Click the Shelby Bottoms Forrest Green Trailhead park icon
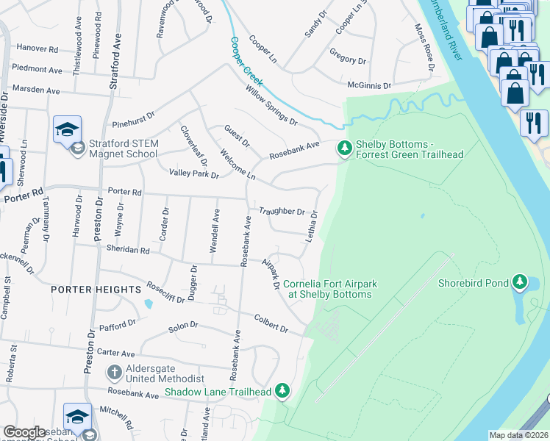click(x=344, y=148)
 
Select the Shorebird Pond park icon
click(x=520, y=282)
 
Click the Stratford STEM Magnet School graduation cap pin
click(x=66, y=130)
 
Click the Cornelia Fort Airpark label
click(x=328, y=289)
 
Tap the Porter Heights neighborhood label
click(x=96, y=290)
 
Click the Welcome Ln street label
click(x=237, y=166)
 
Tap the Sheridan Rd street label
click(x=129, y=250)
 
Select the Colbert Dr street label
click(x=271, y=324)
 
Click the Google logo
click(x=24, y=433)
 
